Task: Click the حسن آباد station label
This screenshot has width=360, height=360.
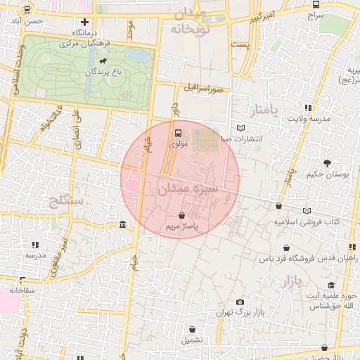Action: click(33, 21)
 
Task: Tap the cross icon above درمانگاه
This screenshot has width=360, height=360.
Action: click(85, 22)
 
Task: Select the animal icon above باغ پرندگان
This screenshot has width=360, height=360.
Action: click(103, 62)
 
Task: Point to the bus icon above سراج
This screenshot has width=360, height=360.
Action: click(314, 4)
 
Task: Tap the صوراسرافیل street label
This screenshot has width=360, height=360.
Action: click(204, 89)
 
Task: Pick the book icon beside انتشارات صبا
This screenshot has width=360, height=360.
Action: click(241, 128)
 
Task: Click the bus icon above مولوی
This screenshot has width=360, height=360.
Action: click(177, 132)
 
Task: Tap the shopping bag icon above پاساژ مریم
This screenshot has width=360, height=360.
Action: click(182, 215)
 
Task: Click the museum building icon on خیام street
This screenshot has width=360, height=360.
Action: click(123, 224)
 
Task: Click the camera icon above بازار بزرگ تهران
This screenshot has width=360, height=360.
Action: click(240, 301)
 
